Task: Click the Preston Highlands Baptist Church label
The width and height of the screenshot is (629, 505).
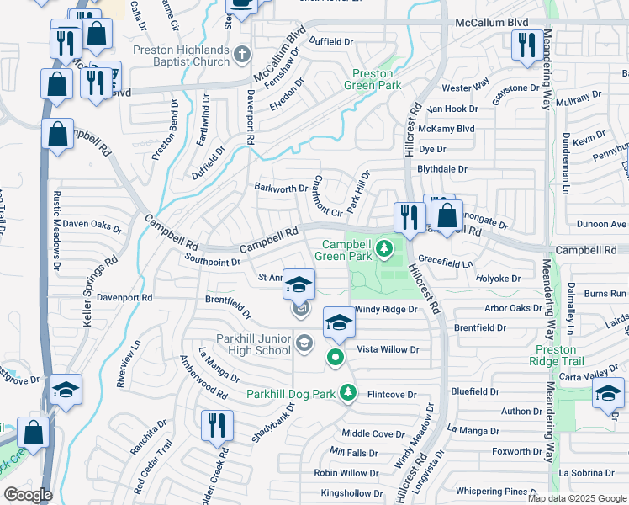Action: click(181, 56)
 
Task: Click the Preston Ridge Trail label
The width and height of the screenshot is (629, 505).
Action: click(556, 354)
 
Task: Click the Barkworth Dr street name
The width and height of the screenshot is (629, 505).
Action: click(282, 188)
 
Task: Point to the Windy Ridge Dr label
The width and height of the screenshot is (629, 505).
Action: click(386, 309)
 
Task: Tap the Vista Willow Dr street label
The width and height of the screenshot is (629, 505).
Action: click(388, 349)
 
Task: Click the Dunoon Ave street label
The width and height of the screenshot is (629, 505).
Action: click(601, 224)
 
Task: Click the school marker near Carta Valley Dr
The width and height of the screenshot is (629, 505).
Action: click(607, 393)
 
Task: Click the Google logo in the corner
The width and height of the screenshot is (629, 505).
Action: click(27, 495)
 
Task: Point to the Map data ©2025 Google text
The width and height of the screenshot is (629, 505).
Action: click(577, 498)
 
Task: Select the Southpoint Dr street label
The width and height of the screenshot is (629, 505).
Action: click(213, 262)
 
